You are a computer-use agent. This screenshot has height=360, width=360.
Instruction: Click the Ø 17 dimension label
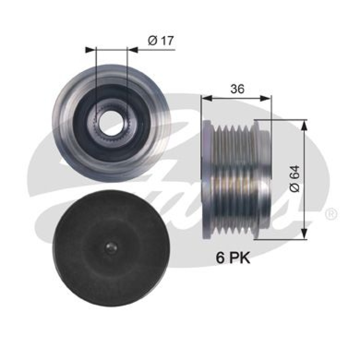pos(161,41)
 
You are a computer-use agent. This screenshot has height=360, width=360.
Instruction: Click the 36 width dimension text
pos(237,89)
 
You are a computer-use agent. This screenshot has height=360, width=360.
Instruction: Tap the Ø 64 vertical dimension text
pos(295,180)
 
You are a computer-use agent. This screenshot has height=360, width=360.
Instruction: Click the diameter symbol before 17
pos(152,41)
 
